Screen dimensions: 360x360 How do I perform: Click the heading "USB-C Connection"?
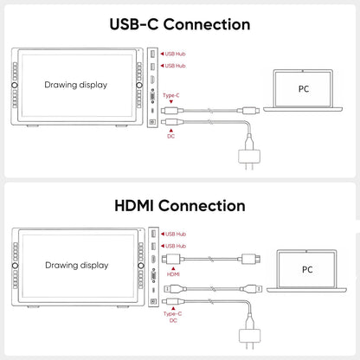(180, 24)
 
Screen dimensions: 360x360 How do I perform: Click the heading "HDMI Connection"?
(180, 206)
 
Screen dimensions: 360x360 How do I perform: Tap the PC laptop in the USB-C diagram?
(303, 91)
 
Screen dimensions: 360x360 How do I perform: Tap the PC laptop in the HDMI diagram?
(306, 271)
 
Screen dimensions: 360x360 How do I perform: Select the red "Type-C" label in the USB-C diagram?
(171, 95)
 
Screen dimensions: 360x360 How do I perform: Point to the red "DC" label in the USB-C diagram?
(170, 136)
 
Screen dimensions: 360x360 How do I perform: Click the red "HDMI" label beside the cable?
(173, 274)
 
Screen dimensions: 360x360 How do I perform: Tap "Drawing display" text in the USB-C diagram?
(76, 85)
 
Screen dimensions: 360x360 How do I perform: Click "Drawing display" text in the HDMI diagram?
(77, 266)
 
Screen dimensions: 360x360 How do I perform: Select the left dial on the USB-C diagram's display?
(15, 85)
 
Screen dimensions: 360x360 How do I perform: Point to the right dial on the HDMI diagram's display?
(141, 266)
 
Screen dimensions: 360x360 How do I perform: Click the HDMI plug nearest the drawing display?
(171, 259)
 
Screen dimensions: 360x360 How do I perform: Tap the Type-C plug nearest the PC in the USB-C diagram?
(248, 110)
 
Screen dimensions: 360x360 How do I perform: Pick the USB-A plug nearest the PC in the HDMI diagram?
(252, 288)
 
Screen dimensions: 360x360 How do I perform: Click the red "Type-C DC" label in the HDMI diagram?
(173, 317)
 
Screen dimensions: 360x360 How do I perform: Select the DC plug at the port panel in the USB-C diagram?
(172, 122)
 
